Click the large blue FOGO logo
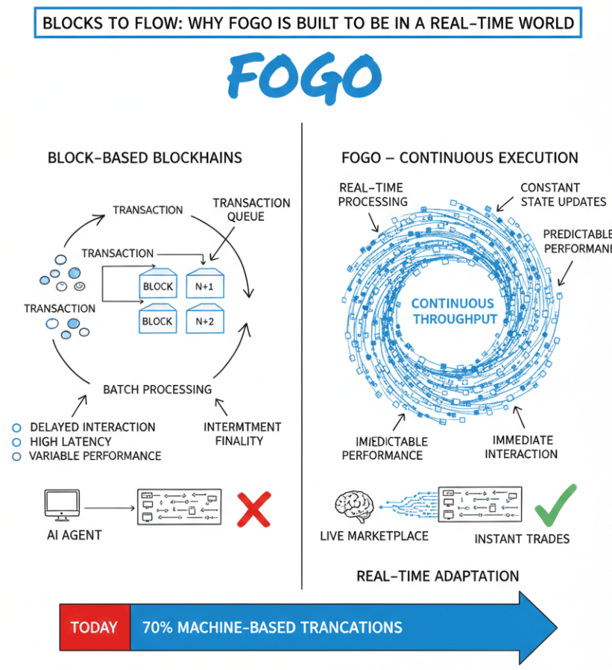(304, 76)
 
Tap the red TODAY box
(94, 627)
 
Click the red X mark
(253, 510)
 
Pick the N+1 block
(205, 285)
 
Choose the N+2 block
(205, 321)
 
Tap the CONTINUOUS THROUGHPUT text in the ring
(452, 311)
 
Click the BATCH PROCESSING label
(157, 389)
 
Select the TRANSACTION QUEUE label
(251, 210)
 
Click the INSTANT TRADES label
(522, 539)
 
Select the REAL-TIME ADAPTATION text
(438, 576)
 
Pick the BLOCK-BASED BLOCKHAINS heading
(145, 158)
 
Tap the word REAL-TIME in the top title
(468, 23)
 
